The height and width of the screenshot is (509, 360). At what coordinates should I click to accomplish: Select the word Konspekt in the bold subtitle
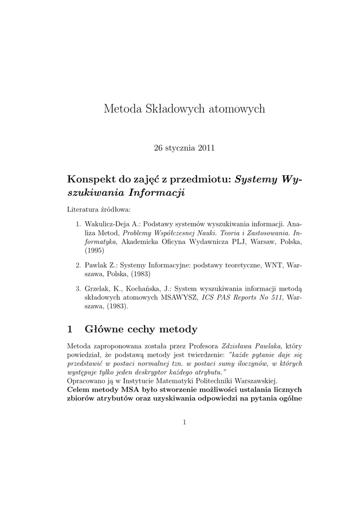click(88, 179)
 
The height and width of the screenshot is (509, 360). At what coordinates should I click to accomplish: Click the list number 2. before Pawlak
click(79, 265)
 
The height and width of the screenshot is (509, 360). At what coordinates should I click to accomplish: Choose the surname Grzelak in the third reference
click(96, 288)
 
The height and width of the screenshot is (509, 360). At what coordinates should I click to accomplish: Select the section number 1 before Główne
click(70, 329)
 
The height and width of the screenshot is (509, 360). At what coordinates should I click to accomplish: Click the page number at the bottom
click(184, 423)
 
